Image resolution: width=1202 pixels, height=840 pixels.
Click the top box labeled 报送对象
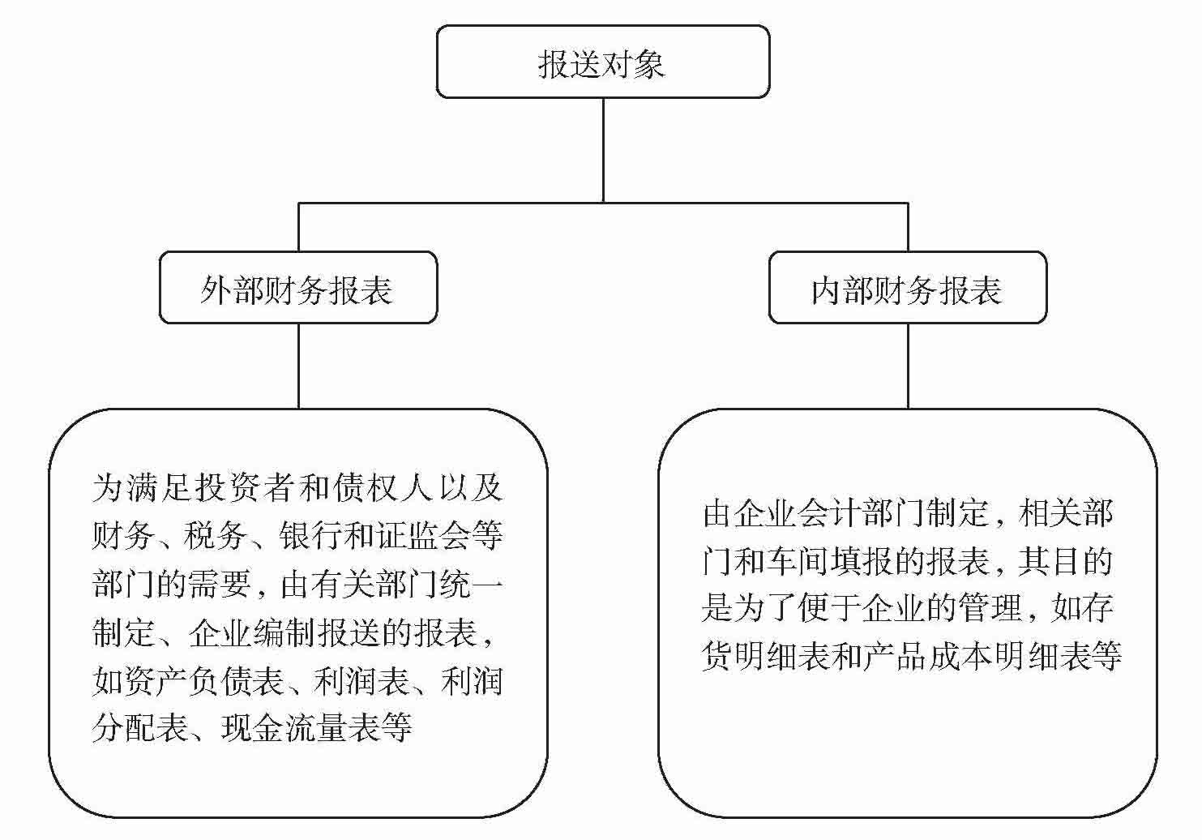[602, 62]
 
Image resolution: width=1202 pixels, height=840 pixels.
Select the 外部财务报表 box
[297, 289]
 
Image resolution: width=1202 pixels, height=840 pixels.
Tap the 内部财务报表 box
[907, 289]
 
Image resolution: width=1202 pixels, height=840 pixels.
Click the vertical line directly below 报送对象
[603, 150]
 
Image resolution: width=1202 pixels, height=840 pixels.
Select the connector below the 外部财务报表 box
[298, 366]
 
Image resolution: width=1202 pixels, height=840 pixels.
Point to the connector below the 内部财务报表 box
[908, 366]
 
